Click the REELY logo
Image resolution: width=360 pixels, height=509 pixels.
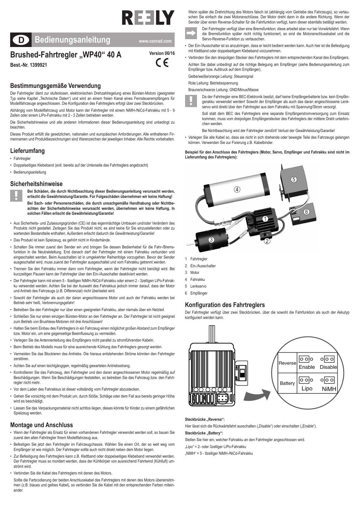148,18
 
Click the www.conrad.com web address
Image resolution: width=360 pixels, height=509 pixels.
155,41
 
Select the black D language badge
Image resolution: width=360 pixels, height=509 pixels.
21,40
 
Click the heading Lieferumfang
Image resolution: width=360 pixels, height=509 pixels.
27,151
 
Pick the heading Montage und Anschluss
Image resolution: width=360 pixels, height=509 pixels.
41,425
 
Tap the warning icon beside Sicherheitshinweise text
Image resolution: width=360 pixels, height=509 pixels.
17,196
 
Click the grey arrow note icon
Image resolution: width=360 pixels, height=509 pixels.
191,33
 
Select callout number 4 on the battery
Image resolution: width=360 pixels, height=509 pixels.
237,189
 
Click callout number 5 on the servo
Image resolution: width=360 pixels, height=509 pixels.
294,179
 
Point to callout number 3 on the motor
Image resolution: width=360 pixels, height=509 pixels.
211,239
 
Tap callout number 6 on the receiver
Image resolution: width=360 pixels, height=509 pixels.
306,212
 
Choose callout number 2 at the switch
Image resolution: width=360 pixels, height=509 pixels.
267,241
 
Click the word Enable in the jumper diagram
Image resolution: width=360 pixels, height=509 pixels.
307,367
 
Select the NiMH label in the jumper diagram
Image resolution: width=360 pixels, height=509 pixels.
329,389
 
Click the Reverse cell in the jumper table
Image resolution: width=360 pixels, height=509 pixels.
287,363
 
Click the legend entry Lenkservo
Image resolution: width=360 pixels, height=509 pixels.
198,286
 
